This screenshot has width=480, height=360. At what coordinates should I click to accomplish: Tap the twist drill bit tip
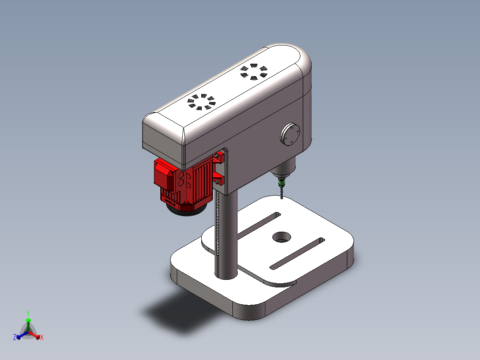coord(282,198)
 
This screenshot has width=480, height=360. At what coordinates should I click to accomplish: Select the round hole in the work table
coord(281,237)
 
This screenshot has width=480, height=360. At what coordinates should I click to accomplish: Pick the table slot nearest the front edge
coord(297,254)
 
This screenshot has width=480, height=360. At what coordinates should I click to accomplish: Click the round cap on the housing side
coord(290,134)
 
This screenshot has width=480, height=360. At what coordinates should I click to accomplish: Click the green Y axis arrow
coord(28,320)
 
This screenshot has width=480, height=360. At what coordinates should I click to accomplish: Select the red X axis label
coord(42,337)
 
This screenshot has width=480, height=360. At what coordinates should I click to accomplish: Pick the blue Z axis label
coord(15,337)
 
